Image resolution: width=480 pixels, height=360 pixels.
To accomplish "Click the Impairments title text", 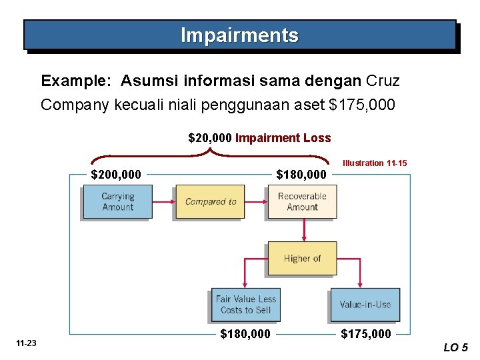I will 239,35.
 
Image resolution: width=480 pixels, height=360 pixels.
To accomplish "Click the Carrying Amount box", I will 117,202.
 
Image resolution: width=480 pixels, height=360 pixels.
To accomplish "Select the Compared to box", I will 210,202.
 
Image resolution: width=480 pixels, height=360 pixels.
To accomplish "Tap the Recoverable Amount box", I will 302,202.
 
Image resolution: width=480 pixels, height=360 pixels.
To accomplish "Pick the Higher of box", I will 302,259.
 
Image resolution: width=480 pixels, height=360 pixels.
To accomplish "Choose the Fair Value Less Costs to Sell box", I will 245,305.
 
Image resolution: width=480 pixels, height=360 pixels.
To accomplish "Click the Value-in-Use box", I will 365,305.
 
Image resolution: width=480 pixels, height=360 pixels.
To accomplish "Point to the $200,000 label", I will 116,175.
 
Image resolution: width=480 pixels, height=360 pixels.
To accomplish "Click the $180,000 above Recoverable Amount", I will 301,175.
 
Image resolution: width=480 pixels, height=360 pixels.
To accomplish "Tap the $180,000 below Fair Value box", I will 245,334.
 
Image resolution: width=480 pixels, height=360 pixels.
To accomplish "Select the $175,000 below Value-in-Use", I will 366,334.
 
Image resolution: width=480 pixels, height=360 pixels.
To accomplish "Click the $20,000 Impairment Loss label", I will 259,138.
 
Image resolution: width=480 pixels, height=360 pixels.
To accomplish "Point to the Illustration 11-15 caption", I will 375,163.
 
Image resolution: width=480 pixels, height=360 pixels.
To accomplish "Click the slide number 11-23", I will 27,343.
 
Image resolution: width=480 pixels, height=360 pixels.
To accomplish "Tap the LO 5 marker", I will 456,347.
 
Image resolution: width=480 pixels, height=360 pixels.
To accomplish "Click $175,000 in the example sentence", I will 364,105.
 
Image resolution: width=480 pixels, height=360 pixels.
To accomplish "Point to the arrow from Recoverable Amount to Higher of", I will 303,230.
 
